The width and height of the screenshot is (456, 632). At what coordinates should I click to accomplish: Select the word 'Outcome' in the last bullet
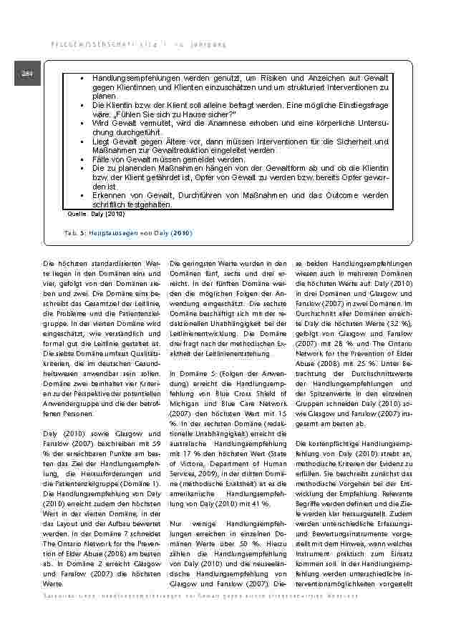[x=331, y=196]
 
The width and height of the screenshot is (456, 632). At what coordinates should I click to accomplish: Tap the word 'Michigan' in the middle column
[x=186, y=403]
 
